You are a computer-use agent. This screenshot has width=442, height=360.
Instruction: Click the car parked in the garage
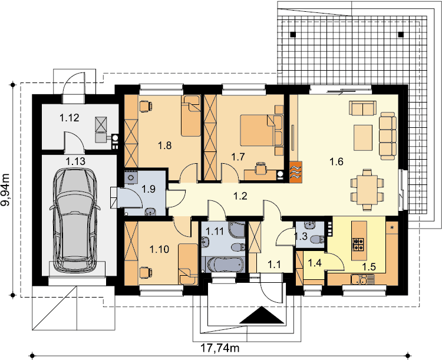pos(75,220)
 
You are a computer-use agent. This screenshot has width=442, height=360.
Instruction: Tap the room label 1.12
pos(70,118)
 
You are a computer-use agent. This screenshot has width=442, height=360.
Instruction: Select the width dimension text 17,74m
pos(220,348)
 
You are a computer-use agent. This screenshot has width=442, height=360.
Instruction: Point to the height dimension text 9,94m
pos(6,190)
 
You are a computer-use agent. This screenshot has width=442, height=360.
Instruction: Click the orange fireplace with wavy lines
pos(296,171)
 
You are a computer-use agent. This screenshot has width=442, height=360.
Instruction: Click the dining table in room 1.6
pos(367,190)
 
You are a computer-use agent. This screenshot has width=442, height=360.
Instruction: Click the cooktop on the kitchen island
pos(359,244)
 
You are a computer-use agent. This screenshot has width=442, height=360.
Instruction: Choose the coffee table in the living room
pos(363,138)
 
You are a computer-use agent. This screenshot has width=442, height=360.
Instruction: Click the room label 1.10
pos(159,249)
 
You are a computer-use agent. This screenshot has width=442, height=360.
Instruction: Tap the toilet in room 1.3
pos(318,240)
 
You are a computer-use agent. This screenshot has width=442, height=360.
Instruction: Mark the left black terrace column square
pos(293,35)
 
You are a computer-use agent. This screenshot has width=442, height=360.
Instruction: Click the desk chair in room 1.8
pos(146,106)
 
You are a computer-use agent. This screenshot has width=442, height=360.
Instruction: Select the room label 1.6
pos(337,161)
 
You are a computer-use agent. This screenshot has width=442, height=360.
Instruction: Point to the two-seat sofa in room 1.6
pos(363,108)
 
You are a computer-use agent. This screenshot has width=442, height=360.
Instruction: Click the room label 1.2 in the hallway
pos(240,196)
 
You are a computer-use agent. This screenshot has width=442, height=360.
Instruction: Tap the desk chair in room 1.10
pos(146,273)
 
